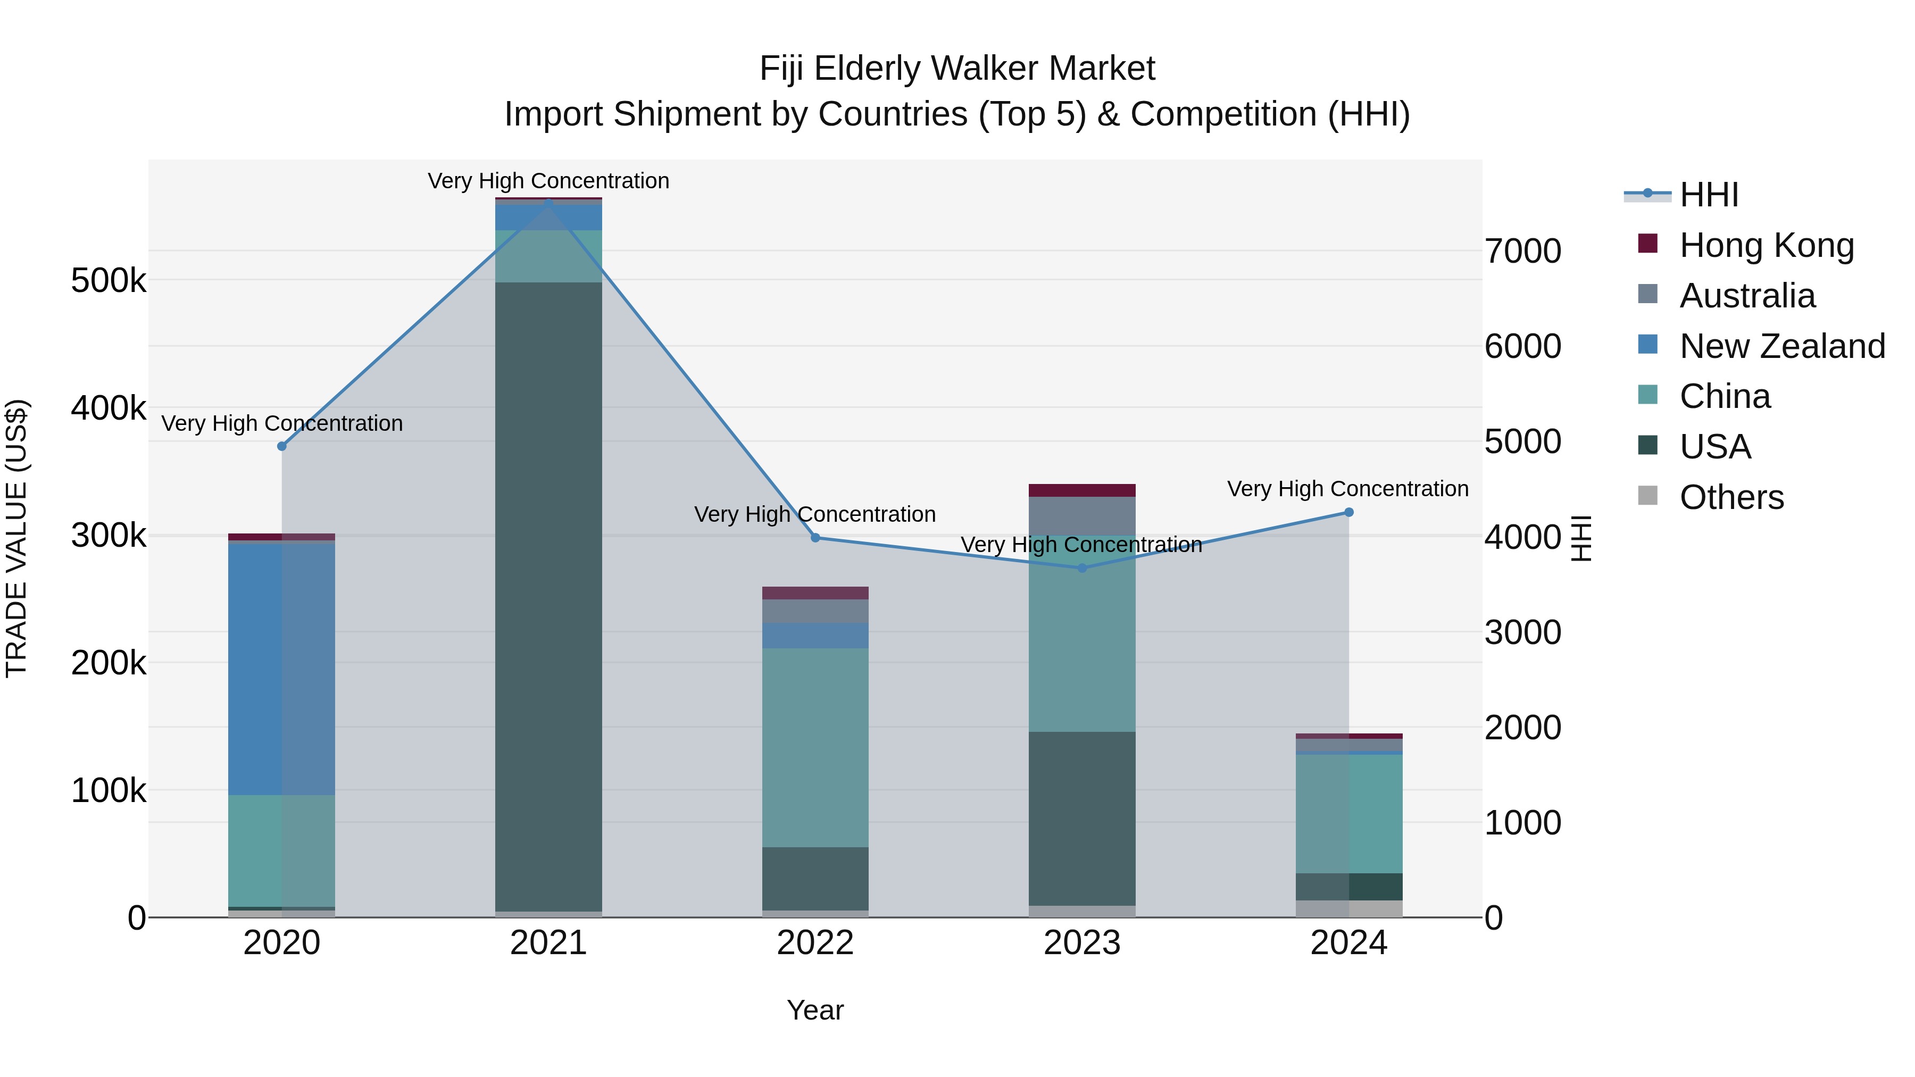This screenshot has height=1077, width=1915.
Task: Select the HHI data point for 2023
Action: (1081, 568)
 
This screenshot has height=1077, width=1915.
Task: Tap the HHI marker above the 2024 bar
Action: (1348, 512)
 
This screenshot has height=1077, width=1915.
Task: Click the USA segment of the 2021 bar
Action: (548, 595)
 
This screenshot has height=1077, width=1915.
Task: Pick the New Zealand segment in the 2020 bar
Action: (281, 669)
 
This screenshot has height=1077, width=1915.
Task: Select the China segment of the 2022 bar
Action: (815, 747)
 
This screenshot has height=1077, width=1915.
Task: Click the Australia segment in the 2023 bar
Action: (1081, 515)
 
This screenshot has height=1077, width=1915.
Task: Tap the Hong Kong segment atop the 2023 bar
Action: (1081, 490)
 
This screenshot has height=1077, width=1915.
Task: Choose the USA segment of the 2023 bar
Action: (1081, 817)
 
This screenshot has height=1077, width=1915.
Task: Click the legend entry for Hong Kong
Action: (1766, 245)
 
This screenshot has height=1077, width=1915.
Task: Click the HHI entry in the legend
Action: (1708, 195)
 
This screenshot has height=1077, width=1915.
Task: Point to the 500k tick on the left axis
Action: (109, 281)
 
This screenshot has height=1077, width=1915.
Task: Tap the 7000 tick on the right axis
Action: (1522, 251)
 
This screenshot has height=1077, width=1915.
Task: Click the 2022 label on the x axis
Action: (815, 943)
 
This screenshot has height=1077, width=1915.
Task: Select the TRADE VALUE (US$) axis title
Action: (16, 538)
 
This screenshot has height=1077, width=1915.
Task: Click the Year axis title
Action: (815, 1010)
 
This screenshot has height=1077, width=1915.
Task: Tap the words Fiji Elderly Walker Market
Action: (957, 69)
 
